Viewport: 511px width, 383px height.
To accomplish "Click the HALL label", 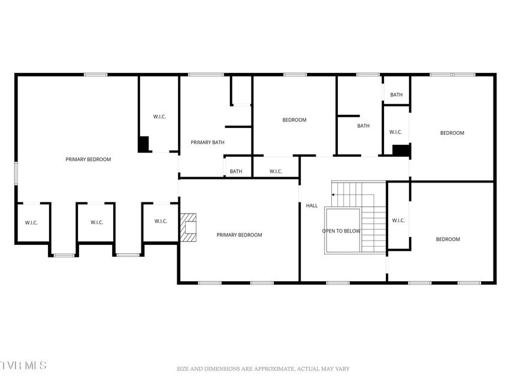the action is [x=312, y=205].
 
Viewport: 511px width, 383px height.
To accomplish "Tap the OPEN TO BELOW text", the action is [x=341, y=231].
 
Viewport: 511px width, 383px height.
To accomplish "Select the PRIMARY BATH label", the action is [x=207, y=142].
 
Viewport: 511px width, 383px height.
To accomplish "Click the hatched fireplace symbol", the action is [x=188, y=227].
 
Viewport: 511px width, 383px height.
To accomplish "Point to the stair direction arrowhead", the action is [x=333, y=194].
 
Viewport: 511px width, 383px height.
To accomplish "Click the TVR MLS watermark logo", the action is [x=23, y=365].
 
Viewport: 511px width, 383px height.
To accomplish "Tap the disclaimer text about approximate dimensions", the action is [x=263, y=369].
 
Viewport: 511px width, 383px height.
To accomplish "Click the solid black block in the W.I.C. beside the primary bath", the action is [x=143, y=144].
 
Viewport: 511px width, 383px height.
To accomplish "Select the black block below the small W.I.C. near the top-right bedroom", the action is [x=401, y=150].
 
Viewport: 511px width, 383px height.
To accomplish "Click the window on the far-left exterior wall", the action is [x=16, y=174].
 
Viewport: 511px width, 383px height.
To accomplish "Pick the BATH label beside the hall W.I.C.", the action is [x=235, y=171].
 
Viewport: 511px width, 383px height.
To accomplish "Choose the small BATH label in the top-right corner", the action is [x=397, y=95].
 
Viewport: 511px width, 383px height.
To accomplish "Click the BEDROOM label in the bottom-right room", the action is [x=447, y=239].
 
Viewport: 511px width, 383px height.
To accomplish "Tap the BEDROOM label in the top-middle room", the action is [x=294, y=120].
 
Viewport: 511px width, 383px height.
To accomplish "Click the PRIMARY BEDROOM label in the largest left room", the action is [x=88, y=159].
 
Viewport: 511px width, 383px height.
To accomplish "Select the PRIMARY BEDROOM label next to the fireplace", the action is [x=239, y=235].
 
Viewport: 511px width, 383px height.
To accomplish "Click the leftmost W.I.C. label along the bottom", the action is [x=31, y=223].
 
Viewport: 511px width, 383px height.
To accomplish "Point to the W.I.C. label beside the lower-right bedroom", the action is [x=398, y=220].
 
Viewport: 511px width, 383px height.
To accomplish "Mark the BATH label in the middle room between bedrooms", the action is [x=364, y=126].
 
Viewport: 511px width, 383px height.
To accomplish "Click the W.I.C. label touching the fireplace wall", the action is [x=161, y=221].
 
